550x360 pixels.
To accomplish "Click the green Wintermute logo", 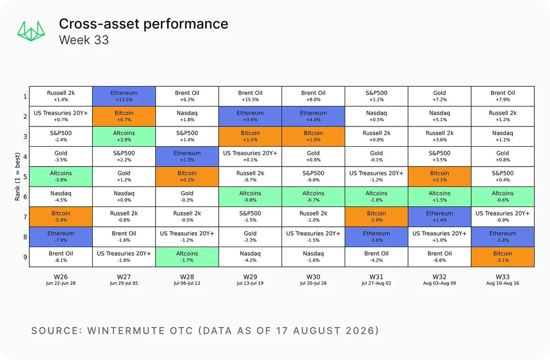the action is (31, 31).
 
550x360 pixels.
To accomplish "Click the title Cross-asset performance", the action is (143, 24).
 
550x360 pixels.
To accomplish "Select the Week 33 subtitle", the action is (84, 40).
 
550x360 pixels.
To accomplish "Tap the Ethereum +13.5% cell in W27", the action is (124, 96).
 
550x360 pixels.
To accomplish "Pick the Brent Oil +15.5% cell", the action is (250, 96).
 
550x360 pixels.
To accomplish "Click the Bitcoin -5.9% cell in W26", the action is (61, 216).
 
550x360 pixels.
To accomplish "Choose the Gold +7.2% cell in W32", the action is (440, 96).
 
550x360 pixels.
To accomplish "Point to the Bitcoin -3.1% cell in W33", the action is (503, 257).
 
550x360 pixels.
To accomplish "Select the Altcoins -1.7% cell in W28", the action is (187, 257).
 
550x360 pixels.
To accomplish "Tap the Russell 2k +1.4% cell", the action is (61, 96).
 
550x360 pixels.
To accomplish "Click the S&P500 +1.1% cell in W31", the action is (376, 96).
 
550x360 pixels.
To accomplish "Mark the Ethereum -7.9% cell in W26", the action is (61, 237).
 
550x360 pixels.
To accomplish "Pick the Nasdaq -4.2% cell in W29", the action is (250, 257).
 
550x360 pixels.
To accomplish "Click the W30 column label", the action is (313, 277).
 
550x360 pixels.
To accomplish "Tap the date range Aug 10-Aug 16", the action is (503, 283).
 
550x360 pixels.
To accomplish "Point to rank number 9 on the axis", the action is (25, 257).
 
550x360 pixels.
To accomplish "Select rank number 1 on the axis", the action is (25, 96).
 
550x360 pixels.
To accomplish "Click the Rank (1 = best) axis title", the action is (17, 177).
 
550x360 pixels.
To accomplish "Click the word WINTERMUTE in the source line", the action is (126, 331).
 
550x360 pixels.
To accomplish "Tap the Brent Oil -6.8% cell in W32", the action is (440, 257).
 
